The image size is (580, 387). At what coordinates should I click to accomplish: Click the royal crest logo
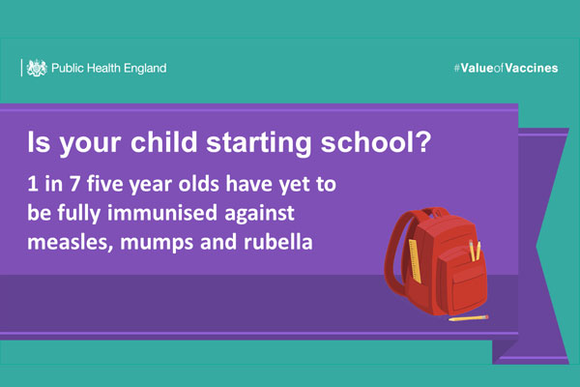37,68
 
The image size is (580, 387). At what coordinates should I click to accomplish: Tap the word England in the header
145,69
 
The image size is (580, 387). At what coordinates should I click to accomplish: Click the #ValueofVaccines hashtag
506,68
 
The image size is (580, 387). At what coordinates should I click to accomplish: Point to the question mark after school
424,141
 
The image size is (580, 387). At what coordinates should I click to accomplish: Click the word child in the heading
164,142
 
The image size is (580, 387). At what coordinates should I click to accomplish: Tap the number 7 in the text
74,184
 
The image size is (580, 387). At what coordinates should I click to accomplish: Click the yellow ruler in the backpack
415,261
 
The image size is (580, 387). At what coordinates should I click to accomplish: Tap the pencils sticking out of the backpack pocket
475,251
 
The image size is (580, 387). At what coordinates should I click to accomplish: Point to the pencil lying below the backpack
468,318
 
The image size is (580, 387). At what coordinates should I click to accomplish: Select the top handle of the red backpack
436,211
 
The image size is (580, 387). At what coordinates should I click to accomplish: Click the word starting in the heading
258,142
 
